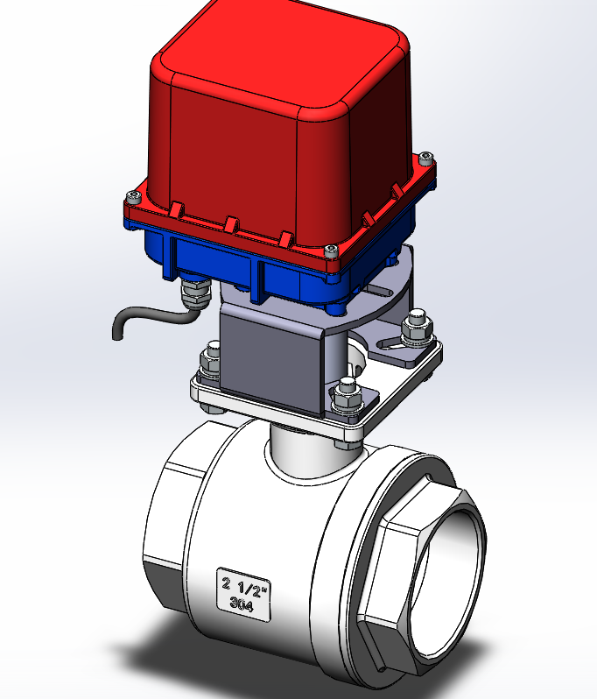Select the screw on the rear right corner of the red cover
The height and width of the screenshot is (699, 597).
[x=425, y=158]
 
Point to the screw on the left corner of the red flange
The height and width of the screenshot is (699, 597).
[x=134, y=195]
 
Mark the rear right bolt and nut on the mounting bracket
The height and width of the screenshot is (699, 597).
[x=416, y=328]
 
